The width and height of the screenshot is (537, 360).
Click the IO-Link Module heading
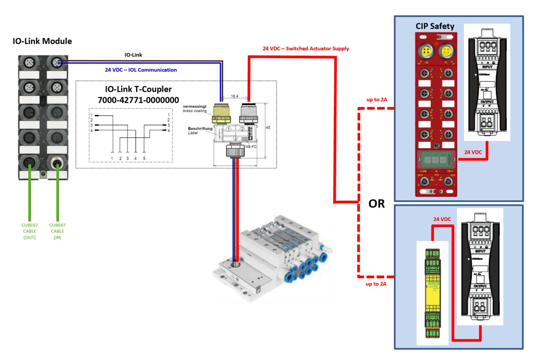(42, 41)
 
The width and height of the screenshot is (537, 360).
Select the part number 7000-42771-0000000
(138, 100)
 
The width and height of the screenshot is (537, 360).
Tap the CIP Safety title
(435, 26)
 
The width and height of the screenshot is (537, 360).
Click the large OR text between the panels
(376, 203)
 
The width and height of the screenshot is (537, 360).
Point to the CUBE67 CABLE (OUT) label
(29, 231)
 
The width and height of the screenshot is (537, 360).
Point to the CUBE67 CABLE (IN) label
(57, 231)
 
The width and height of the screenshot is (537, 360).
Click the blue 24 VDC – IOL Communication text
(141, 70)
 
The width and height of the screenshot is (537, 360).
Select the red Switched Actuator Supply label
(306, 49)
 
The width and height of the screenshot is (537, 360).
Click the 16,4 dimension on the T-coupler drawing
(235, 96)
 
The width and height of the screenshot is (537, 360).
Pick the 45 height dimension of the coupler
(268, 128)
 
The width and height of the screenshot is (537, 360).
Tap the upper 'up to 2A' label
(377, 100)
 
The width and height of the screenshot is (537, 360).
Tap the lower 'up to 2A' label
(376, 284)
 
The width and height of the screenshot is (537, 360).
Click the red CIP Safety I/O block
(436, 115)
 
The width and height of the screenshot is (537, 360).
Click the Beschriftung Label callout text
(200, 130)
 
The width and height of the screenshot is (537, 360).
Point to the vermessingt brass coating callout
(194, 108)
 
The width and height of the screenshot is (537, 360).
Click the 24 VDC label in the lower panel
(442, 219)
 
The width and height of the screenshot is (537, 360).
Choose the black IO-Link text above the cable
(133, 55)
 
